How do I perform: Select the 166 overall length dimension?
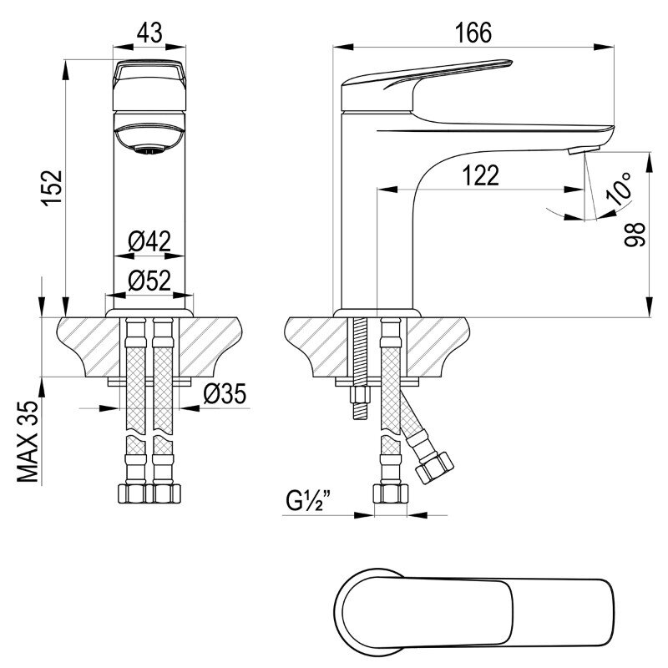473,33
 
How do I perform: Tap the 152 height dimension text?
53,189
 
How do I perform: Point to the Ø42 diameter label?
149,241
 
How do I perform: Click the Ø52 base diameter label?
149,281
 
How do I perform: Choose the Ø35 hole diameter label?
225,393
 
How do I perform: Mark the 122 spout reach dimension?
480,175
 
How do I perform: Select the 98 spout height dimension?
635,235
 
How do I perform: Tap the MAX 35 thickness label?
28,442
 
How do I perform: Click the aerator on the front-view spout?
149,150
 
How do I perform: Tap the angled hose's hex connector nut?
434,468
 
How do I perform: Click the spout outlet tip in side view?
584,150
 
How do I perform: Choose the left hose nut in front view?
132,493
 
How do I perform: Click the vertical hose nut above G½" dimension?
391,493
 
